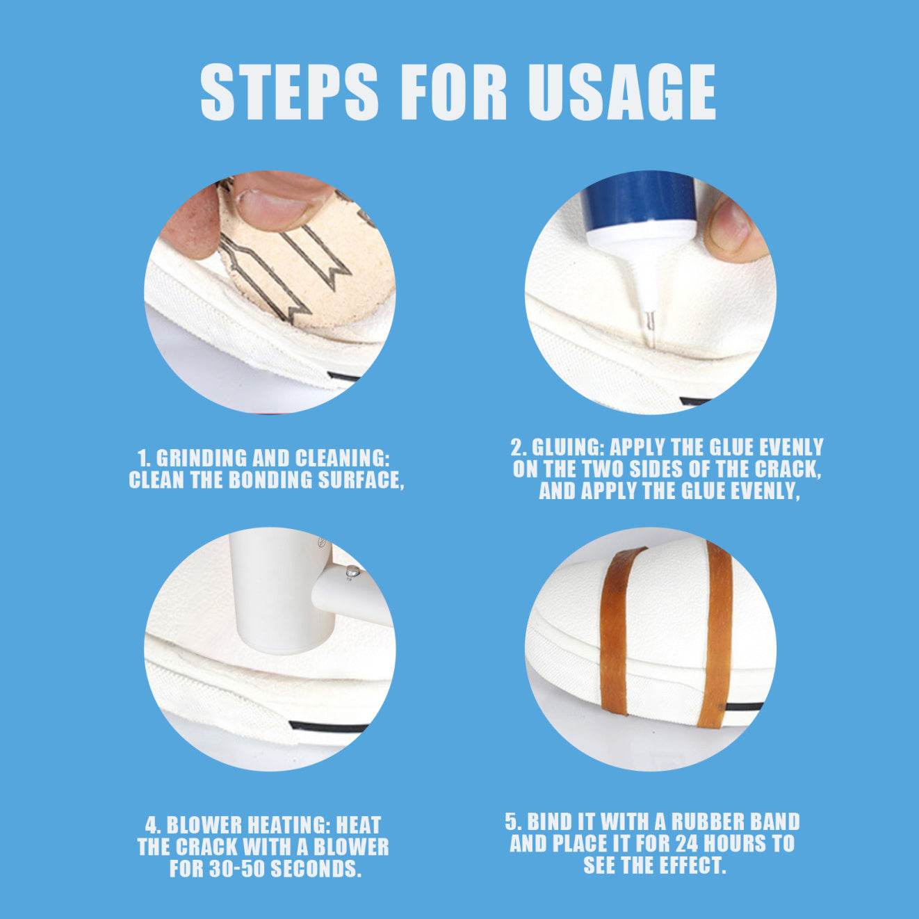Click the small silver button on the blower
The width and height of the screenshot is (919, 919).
coord(352,569)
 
